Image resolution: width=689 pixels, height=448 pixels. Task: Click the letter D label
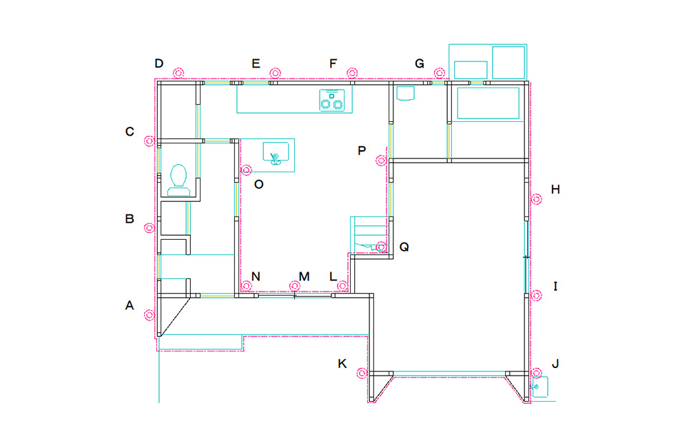pyautogui.click(x=159, y=63)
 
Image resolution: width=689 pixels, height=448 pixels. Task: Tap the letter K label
pyautogui.click(x=342, y=364)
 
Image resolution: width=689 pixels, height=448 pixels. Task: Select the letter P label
pyautogui.click(x=362, y=151)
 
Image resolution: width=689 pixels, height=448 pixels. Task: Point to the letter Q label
pyautogui.click(x=404, y=247)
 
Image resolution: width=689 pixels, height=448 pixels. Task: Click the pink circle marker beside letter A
pyautogui.click(x=150, y=315)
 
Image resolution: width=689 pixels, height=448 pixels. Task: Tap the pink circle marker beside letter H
pyautogui.click(x=536, y=199)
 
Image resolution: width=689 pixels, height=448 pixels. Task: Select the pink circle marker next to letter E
pyautogui.click(x=275, y=72)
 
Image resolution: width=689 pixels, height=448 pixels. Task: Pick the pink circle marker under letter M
pyautogui.click(x=295, y=286)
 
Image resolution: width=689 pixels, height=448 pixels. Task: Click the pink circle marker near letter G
pyautogui.click(x=440, y=72)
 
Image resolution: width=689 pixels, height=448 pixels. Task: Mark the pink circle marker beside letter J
pyautogui.click(x=536, y=374)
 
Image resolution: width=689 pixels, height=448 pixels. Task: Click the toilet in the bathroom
pyautogui.click(x=178, y=180)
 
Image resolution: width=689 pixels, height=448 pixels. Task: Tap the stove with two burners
pyautogui.click(x=332, y=100)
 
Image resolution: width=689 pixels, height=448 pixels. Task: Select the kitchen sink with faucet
pyautogui.click(x=276, y=153)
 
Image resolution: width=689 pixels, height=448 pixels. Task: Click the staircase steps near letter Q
pyautogui.click(x=369, y=234)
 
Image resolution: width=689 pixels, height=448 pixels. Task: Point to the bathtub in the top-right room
pyautogui.click(x=489, y=103)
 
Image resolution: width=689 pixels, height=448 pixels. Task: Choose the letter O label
pyautogui.click(x=259, y=185)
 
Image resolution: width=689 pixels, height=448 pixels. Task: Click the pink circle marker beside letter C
pyautogui.click(x=150, y=141)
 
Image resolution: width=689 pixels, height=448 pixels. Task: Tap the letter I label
pyautogui.click(x=555, y=287)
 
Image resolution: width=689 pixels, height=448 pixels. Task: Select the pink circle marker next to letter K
pyautogui.click(x=362, y=374)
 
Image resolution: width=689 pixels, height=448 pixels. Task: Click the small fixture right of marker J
pyautogui.click(x=540, y=387)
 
